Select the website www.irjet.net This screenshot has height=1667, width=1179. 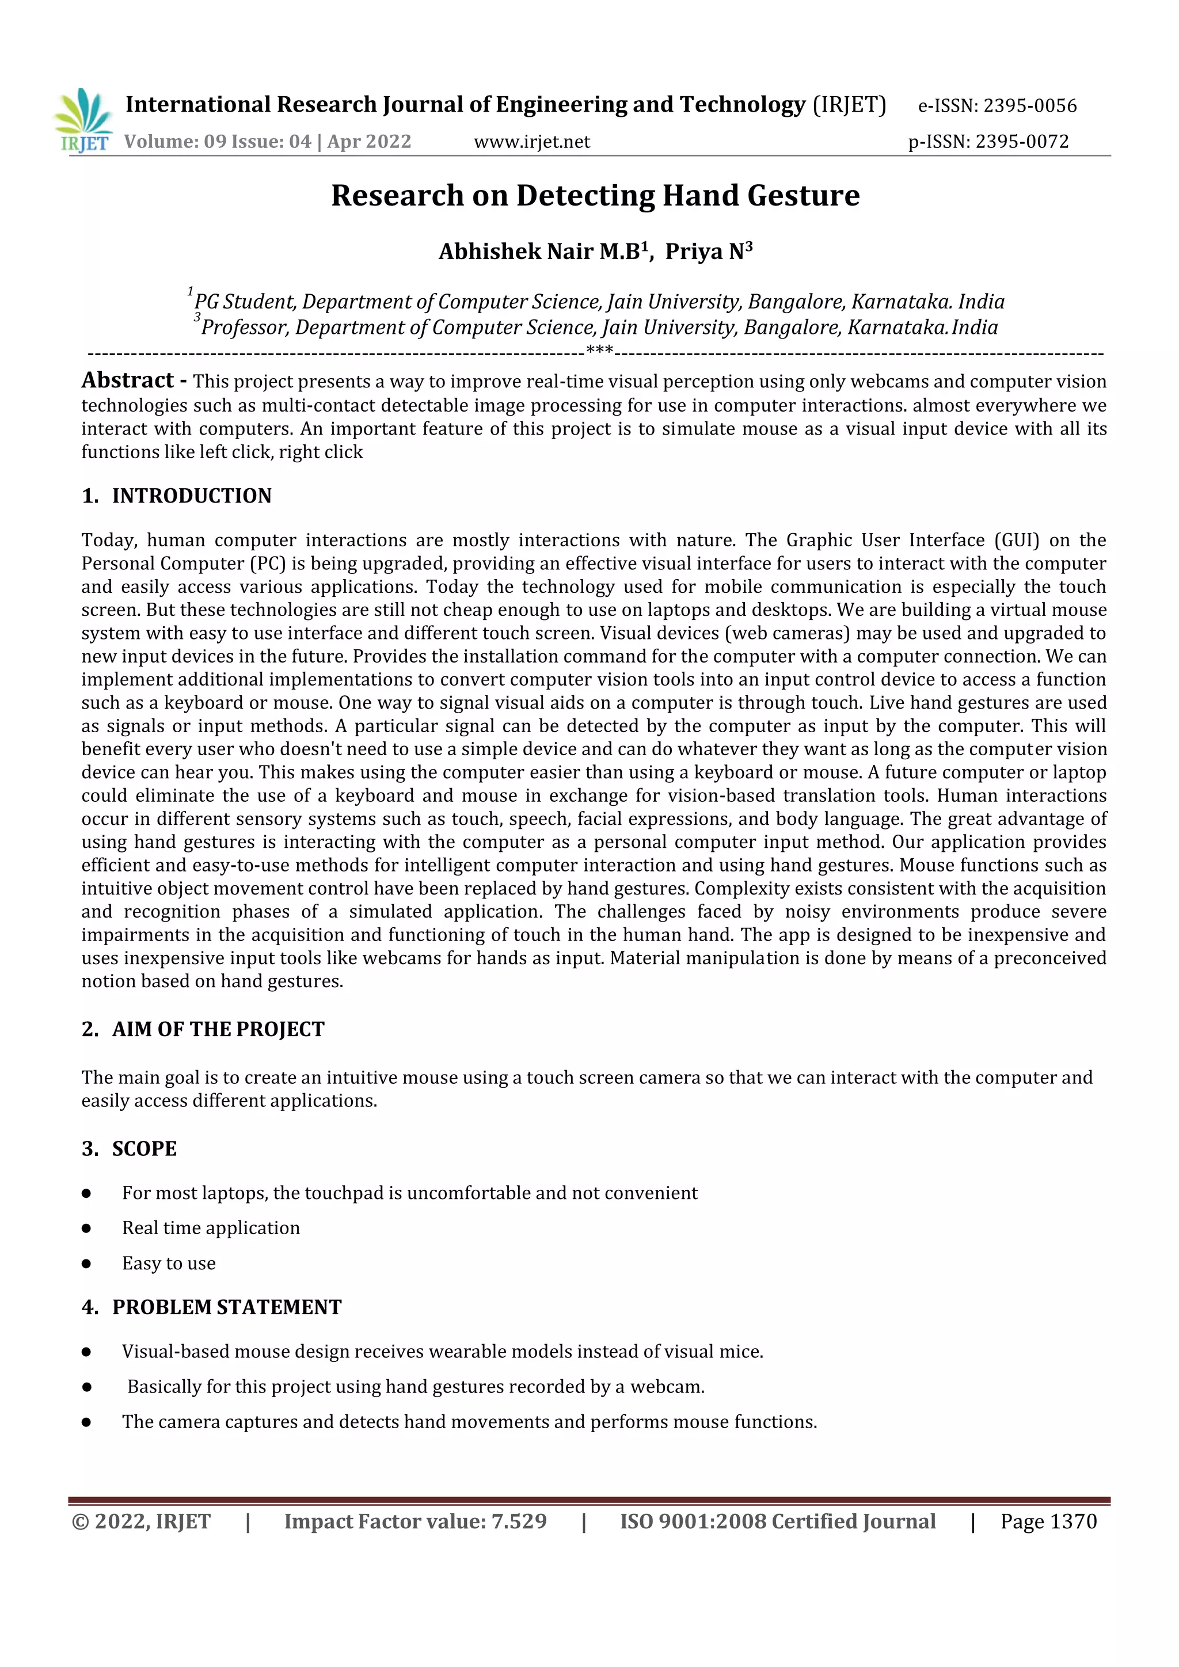531,142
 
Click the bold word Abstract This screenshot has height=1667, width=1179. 128,380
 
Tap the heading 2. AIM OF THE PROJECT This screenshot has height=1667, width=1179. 203,1030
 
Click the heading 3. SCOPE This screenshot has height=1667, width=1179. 129,1148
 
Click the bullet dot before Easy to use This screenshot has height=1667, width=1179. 86,1263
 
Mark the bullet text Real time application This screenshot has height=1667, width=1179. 211,1228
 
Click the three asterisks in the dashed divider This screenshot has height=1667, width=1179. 599,351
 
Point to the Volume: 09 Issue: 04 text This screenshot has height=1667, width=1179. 217,142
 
